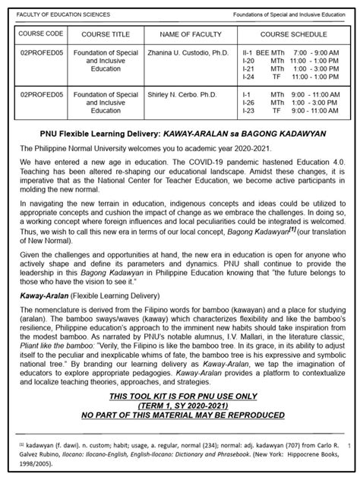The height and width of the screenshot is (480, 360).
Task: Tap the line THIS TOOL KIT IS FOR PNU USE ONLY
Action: (180, 397)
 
